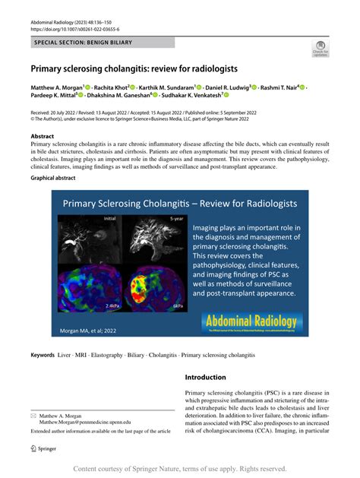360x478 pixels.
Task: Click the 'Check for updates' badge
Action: tap(321, 49)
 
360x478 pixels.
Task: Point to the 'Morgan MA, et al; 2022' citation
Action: tap(87, 331)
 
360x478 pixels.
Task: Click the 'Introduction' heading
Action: tap(205, 377)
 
